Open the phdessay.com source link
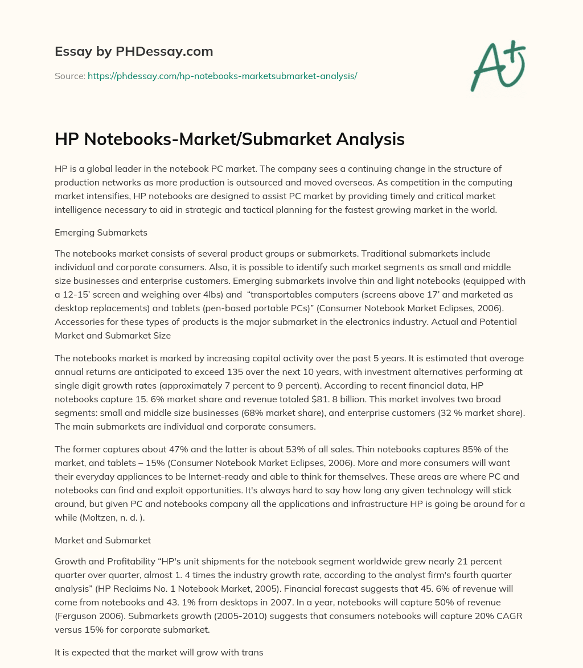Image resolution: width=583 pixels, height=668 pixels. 222,76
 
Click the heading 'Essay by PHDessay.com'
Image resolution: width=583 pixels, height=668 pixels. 134,52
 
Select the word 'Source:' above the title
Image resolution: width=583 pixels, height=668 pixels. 70,76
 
